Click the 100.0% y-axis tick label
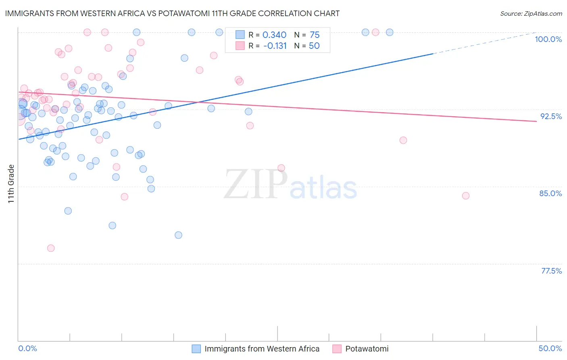tap(548, 39)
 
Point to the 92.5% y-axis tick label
tap(551, 116)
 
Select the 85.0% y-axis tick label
tap(550, 193)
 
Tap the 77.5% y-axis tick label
tap(551, 271)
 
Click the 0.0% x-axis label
tap(27, 348)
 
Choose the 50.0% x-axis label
tap(550, 348)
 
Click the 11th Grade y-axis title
tap(11, 184)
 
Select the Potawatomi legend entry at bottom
tap(367, 349)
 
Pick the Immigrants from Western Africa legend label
tap(262, 349)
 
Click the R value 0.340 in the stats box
tap(274, 35)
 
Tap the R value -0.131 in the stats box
tap(275, 46)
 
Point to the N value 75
tap(315, 35)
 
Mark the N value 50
tap(314, 46)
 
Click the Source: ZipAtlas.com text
tap(531, 13)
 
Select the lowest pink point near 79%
tap(51, 248)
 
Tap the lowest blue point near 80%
tap(178, 235)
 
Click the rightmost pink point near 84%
tap(466, 196)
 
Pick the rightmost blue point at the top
tap(390, 32)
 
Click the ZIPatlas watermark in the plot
tap(290, 185)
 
